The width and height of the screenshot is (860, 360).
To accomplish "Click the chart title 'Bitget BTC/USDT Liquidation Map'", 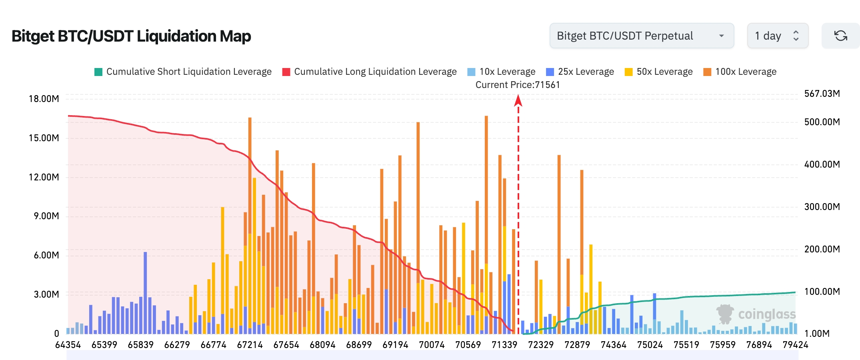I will coord(131,36).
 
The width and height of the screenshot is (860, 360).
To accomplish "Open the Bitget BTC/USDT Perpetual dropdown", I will coord(641,36).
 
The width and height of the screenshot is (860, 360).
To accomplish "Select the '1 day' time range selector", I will coord(777,36).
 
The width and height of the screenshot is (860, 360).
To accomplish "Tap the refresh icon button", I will coord(840,36).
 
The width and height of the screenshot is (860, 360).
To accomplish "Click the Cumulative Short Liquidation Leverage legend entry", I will coord(183,72).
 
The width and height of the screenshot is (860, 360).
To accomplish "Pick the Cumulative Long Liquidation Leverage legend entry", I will coord(369,72).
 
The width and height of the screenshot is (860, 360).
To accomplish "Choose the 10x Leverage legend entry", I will coord(501,72).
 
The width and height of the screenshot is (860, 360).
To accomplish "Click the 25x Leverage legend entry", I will coord(580,72).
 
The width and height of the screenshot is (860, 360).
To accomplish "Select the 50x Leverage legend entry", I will coord(658,72).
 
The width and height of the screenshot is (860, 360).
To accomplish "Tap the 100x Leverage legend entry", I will coord(740,72).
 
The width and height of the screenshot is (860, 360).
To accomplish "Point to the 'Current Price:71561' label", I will coord(518,85).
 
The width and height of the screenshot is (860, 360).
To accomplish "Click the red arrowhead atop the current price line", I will coord(518,100).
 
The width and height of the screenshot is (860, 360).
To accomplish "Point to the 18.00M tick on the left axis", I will coord(44,99).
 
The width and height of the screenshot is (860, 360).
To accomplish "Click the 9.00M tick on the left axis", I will coord(46,216).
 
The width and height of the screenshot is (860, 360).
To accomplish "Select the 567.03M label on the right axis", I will coord(822,94).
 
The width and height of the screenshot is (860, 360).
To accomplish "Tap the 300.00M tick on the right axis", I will coord(822,207).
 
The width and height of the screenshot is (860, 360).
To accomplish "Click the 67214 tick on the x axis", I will coord(250,345).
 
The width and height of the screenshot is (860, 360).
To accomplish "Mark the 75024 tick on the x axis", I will coord(650,345).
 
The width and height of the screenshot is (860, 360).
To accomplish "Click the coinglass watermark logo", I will coord(756,314).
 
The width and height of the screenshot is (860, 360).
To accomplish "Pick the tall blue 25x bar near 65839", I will coord(145,292).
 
